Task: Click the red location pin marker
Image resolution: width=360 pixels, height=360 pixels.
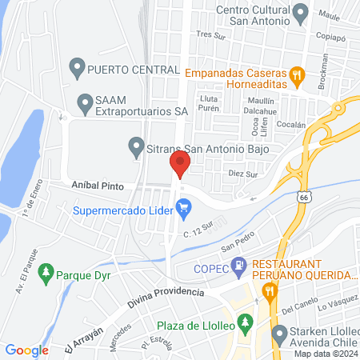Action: [179, 166]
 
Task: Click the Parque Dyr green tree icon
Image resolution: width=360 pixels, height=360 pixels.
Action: [46, 272]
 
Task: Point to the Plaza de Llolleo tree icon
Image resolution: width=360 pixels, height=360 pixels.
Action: [246, 322]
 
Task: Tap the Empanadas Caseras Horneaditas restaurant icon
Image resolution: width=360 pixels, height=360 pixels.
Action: [297, 77]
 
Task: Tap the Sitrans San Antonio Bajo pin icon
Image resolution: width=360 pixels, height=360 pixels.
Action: [136, 147]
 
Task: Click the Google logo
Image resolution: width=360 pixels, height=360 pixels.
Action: [27, 350]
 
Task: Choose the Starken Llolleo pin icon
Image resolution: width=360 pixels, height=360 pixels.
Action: [279, 333]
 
